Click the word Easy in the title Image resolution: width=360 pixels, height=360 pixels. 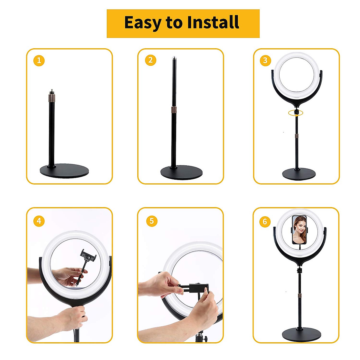coord(142,23)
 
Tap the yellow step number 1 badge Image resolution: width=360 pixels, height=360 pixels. coord(39,61)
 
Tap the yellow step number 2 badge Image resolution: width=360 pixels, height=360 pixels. coord(151,60)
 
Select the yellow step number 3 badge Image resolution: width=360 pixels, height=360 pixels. coord(265,61)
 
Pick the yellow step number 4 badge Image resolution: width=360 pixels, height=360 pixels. coord(39,221)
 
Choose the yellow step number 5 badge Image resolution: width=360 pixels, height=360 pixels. coord(152,221)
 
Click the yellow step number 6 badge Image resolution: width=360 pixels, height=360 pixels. coord(265,222)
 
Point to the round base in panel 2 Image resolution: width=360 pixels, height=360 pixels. coord(181,172)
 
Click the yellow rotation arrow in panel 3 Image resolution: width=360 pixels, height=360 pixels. coord(296,113)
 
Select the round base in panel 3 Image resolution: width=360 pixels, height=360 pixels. coord(299,174)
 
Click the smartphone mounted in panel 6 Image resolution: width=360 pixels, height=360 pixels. coord(299,229)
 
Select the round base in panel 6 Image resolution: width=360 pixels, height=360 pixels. coord(299,334)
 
